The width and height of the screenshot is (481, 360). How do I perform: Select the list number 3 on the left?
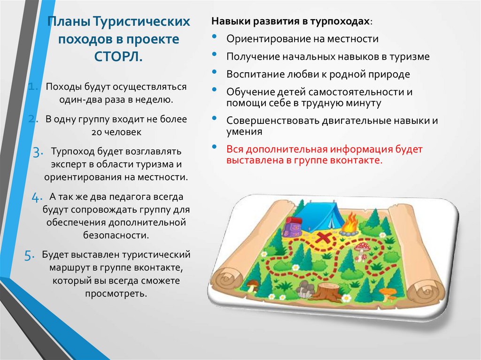pos(38,152)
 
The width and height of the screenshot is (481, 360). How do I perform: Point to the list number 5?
pos(30,255)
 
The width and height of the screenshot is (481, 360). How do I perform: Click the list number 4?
pos(37,198)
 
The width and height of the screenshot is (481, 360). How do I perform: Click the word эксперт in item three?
pos(69,164)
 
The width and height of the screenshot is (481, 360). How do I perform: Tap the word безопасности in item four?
pos(116,235)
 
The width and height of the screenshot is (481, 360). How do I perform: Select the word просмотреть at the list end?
pos(116,293)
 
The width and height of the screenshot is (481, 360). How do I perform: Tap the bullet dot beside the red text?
pos(214,147)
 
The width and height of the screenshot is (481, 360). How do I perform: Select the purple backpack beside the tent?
pos(291,227)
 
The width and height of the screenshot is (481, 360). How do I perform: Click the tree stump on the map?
pos(328,291)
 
